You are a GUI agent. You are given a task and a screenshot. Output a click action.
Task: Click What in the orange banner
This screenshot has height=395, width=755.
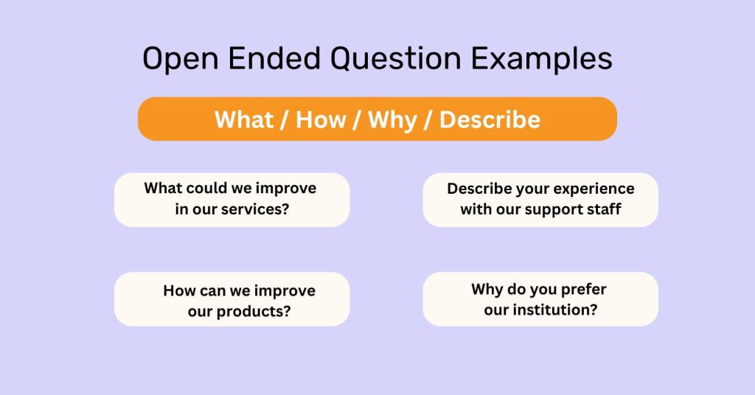point(245,119)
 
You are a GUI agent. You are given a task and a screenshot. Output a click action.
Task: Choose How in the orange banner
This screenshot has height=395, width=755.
point(321,119)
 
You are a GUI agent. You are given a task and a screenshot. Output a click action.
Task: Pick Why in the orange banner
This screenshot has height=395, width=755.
point(392,119)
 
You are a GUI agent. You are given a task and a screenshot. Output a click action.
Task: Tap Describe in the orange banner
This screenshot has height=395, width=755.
point(490,119)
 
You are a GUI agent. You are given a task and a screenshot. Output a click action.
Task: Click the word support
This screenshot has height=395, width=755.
point(557,209)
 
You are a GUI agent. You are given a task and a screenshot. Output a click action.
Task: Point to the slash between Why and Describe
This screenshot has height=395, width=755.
point(428,119)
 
